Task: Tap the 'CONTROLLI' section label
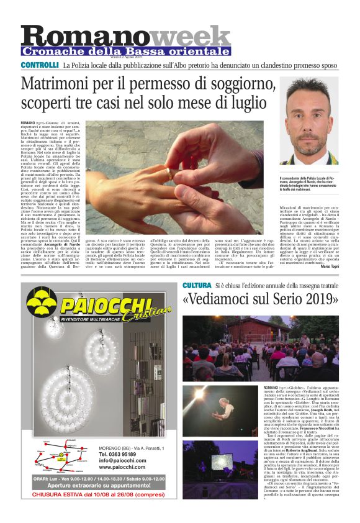(x=40, y=65)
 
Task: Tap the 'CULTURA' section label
(x=197, y=285)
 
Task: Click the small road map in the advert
(x=59, y=458)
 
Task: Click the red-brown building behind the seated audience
(x=261, y=329)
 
